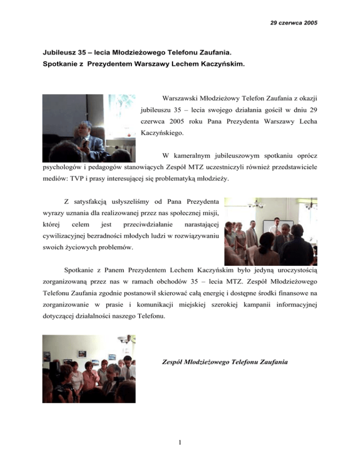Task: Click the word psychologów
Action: pyautogui.click(x=60, y=167)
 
